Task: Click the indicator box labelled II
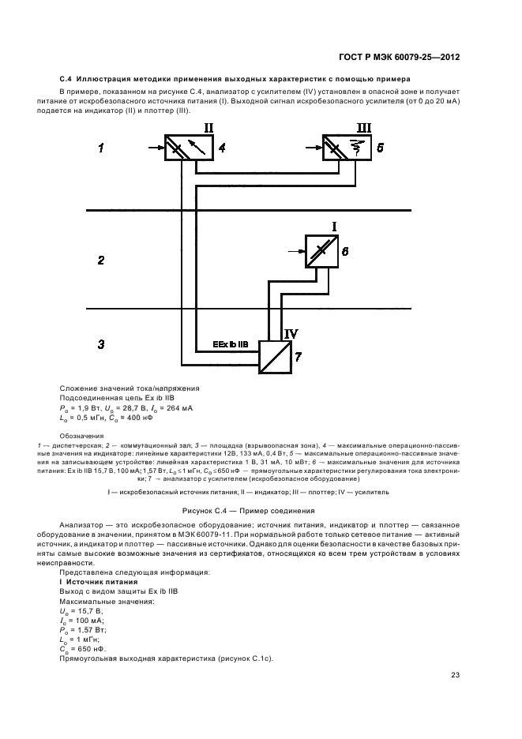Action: coord(187,148)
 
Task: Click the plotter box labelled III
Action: coord(346,148)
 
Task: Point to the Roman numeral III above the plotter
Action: coord(362,128)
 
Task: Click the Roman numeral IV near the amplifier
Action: coord(290,333)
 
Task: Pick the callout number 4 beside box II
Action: coord(223,148)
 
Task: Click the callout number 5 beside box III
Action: coord(381,148)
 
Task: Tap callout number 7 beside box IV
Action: coord(298,358)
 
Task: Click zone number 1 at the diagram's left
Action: coord(101,148)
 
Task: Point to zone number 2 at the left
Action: coord(101,259)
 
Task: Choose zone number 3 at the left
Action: coord(101,344)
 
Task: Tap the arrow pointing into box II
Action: coord(152,147)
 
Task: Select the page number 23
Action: coord(456,674)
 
